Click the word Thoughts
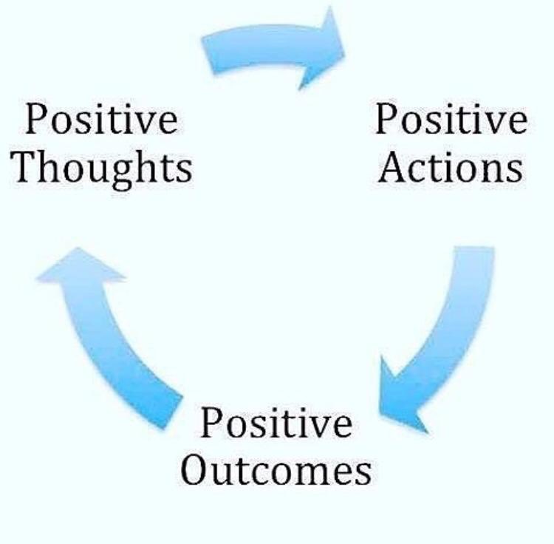point(104,166)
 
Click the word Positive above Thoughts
point(101,120)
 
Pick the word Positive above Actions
point(451,120)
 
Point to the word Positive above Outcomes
point(276,424)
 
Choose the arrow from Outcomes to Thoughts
point(111,333)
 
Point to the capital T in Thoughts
point(29,166)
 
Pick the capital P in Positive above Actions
point(386,120)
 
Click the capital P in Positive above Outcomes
point(212,424)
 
